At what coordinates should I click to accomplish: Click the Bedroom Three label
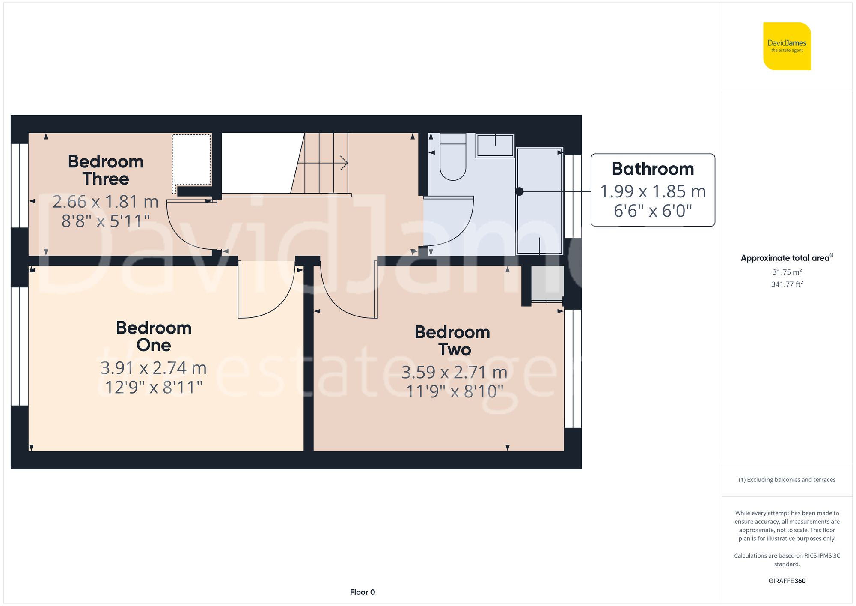pyautogui.click(x=106, y=170)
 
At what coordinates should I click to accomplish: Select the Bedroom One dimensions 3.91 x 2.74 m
pyautogui.click(x=153, y=368)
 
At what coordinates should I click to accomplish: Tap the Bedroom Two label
pyautogui.click(x=452, y=341)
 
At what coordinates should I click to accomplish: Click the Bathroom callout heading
pyautogui.click(x=652, y=169)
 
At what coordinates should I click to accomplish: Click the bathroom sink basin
pyautogui.click(x=495, y=146)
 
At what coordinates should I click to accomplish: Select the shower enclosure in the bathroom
pyautogui.click(x=539, y=201)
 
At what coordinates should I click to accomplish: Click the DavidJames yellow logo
pyautogui.click(x=787, y=46)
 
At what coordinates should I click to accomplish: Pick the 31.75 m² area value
pyautogui.click(x=787, y=272)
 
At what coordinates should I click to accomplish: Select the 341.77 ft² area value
pyautogui.click(x=787, y=284)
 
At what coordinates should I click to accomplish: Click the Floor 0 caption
pyautogui.click(x=362, y=592)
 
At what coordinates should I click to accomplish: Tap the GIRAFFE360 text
pyautogui.click(x=787, y=581)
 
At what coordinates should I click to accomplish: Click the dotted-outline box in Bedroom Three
pyautogui.click(x=191, y=160)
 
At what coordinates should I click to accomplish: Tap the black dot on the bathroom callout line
pyautogui.click(x=519, y=191)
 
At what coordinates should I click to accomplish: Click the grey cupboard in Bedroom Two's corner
pyautogui.click(x=547, y=283)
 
